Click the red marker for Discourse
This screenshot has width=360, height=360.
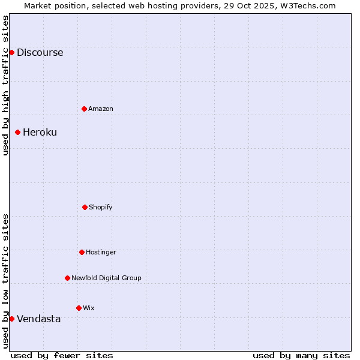[x=11, y=52]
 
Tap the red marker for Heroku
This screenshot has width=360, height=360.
[x=17, y=132]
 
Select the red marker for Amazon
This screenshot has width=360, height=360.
[x=84, y=109]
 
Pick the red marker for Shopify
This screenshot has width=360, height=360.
[x=85, y=207]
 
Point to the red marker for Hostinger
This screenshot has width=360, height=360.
[x=82, y=252]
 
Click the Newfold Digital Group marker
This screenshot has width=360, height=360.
[x=67, y=278]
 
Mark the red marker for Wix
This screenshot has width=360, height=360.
[x=79, y=308]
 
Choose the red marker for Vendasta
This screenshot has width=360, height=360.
[x=11, y=319]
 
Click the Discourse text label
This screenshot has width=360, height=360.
[x=40, y=52]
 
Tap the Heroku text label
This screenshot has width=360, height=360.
[x=40, y=132]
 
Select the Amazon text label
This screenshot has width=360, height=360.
[x=101, y=109]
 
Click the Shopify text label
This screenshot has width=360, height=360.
[x=101, y=207]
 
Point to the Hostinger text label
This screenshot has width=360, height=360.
[x=101, y=252]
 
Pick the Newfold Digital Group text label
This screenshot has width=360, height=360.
[x=106, y=278]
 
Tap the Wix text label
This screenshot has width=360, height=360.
[x=89, y=308]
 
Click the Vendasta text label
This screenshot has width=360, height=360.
[x=38, y=319]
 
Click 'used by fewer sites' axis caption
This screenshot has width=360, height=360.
[x=62, y=355]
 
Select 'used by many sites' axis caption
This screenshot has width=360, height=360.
[x=301, y=355]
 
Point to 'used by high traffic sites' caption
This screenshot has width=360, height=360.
[x=5, y=85]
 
